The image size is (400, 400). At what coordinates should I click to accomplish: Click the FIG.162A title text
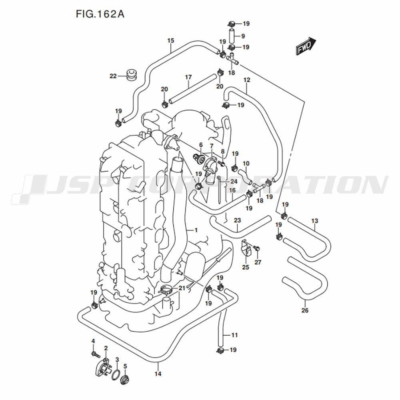point(100,15)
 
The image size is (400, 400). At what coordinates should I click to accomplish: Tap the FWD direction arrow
point(306,46)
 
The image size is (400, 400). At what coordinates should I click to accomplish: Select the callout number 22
point(113,76)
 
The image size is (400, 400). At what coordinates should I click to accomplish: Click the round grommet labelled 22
point(131,74)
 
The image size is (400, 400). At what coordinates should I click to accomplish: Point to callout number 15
point(171,41)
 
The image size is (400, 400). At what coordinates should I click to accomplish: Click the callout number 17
point(188,77)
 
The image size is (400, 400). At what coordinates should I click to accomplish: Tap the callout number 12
point(247,80)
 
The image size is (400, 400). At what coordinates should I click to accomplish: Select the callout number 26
point(305,310)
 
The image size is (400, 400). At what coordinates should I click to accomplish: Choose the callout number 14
point(158,374)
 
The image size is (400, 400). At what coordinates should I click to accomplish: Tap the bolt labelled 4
point(94,354)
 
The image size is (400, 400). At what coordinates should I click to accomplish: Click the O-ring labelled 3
point(116,375)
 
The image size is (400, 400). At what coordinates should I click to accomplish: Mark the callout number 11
point(234,335)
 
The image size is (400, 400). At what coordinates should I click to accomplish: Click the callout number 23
point(237,220)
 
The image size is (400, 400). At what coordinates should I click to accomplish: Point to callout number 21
point(182,288)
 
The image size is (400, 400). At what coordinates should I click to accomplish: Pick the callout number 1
point(196,230)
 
